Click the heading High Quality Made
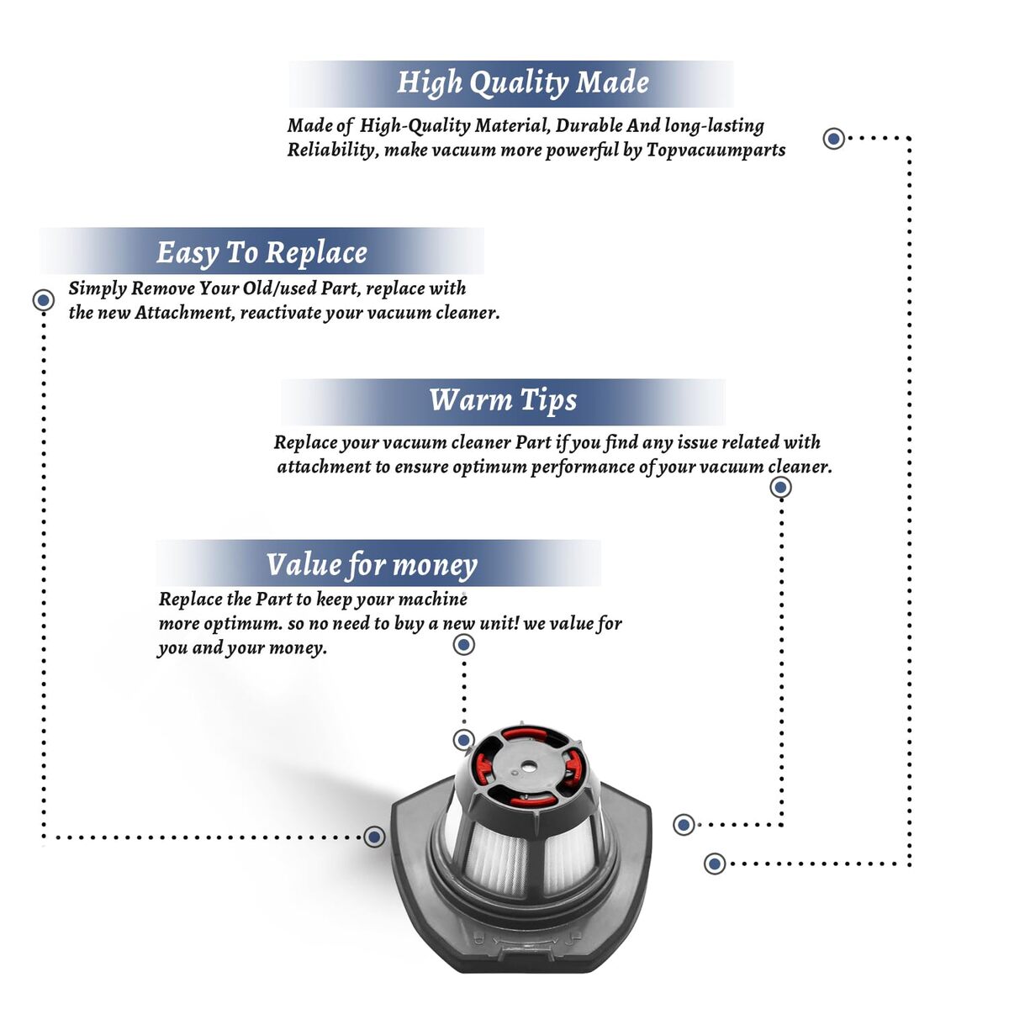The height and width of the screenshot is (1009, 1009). [522, 83]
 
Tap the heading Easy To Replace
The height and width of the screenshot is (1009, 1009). [261, 253]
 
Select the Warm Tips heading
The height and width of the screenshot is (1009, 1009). [503, 400]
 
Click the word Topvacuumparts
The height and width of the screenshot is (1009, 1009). [716, 151]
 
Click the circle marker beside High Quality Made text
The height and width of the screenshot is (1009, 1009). [833, 138]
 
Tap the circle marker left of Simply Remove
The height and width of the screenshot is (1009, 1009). [44, 300]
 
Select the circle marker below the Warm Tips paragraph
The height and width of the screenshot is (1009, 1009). [780, 488]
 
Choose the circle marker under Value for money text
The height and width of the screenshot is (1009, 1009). [463, 645]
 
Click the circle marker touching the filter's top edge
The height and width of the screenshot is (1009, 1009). [463, 740]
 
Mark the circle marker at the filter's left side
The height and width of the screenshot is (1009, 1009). [374, 836]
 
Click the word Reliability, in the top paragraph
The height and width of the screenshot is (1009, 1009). [332, 151]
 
